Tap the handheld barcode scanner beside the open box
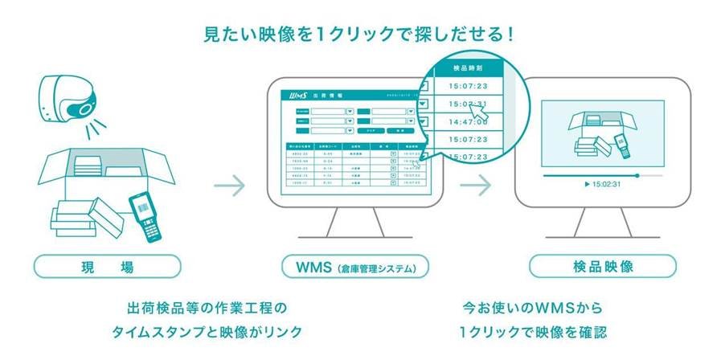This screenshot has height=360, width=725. pyautogui.click(x=145, y=214)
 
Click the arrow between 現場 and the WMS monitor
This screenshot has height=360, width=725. pyautogui.click(x=230, y=187)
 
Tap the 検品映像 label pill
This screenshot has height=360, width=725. pyautogui.click(x=602, y=266)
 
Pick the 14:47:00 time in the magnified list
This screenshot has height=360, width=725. pyautogui.click(x=467, y=121)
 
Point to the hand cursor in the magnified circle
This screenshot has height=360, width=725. pyautogui.click(x=480, y=114)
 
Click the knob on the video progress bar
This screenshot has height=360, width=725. pyautogui.click(x=637, y=174)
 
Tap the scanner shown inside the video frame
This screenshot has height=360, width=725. pyautogui.click(x=621, y=145)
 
